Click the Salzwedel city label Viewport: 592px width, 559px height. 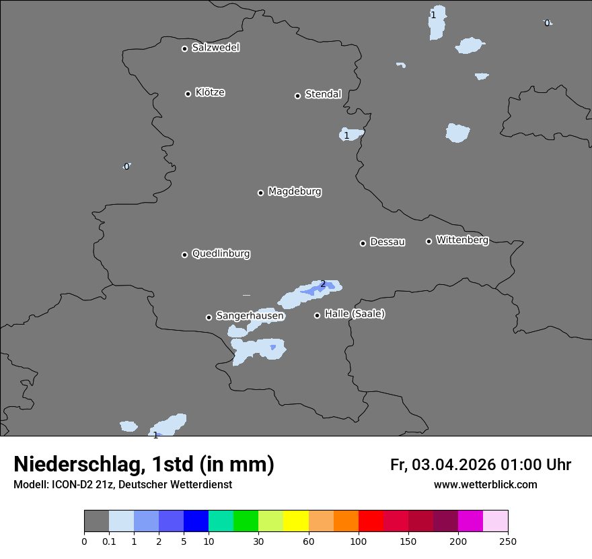215,48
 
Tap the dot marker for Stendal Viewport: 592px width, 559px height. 297,96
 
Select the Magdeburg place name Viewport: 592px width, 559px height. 294,192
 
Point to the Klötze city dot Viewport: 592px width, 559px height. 188,94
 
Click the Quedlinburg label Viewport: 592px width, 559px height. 221,254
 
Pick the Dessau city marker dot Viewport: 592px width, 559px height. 363,243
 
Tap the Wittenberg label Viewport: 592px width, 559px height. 462,240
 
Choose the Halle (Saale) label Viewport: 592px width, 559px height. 355,314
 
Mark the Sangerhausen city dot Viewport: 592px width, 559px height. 209,317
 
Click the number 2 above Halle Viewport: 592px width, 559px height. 323,284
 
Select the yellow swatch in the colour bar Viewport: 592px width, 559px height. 296,521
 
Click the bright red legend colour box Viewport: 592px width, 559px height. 371,521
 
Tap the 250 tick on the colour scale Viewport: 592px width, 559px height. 508,541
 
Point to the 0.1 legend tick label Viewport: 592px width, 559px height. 109,541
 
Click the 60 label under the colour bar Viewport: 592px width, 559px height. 309,541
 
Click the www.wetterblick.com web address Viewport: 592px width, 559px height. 485,484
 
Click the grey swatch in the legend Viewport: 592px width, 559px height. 96,521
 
